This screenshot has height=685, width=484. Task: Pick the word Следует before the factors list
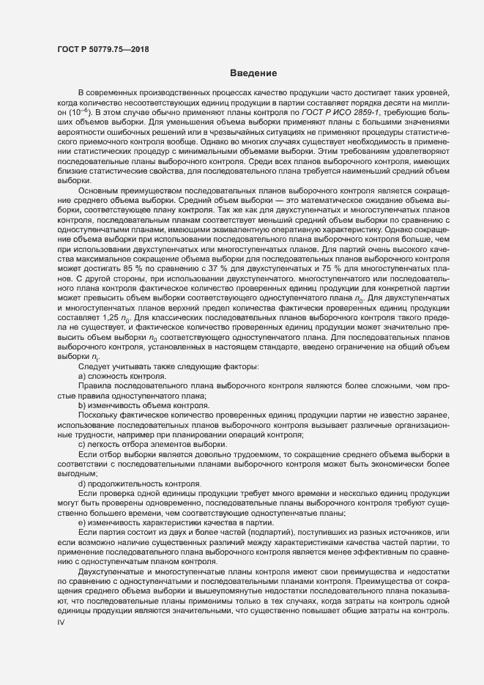coord(94,365)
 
